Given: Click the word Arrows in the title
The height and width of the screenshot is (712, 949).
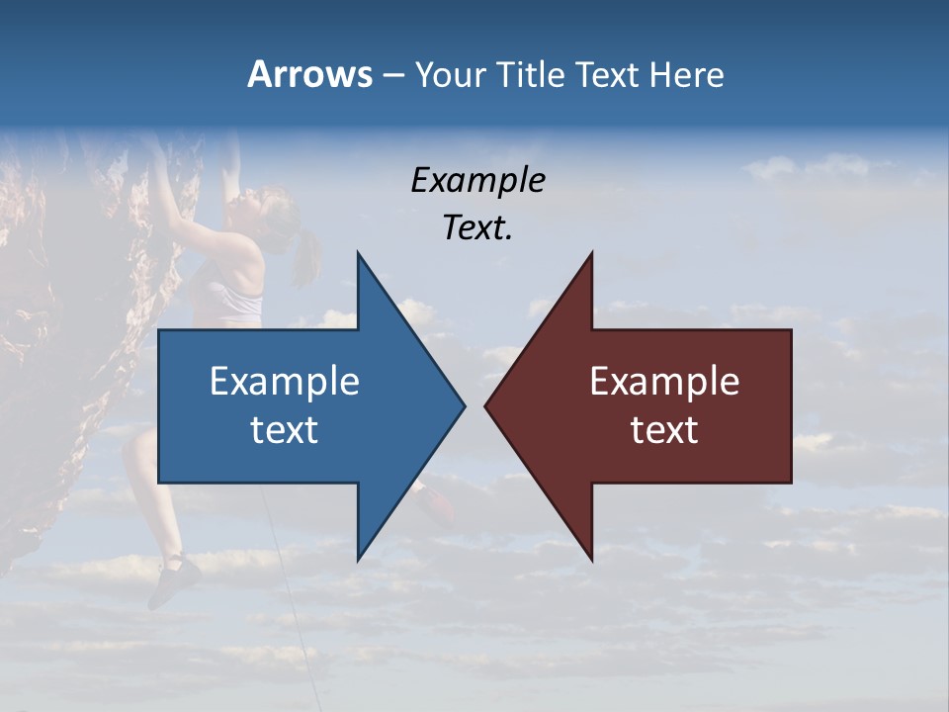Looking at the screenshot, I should click(x=309, y=74).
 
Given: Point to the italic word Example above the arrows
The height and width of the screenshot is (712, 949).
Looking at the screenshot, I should click(x=477, y=180).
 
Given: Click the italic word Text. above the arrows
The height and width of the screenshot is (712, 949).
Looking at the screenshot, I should click(x=477, y=228).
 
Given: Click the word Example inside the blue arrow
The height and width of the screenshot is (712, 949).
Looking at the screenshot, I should click(x=285, y=381).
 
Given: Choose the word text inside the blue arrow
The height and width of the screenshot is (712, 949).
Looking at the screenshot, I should click(x=285, y=430).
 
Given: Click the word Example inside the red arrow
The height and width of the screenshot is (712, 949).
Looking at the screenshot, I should click(x=664, y=381).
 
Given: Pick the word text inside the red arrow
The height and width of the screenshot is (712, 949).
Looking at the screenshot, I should click(x=664, y=430).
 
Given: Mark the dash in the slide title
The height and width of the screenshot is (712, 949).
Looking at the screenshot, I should click(x=393, y=75).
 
